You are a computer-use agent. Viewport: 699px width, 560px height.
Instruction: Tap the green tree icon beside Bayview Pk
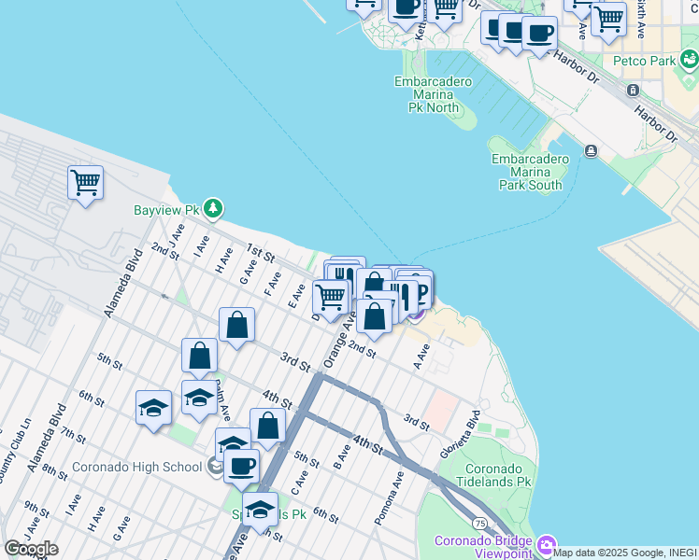tap(214, 206)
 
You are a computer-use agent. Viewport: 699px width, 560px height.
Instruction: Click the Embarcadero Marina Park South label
tap(530, 172)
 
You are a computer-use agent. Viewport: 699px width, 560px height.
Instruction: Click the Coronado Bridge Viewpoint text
tap(483, 547)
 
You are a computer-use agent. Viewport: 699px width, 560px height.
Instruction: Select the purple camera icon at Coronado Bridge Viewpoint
tap(547, 544)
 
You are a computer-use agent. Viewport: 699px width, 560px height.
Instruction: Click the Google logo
tap(31, 549)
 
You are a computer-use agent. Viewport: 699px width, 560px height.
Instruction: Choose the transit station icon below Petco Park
tap(634, 90)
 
